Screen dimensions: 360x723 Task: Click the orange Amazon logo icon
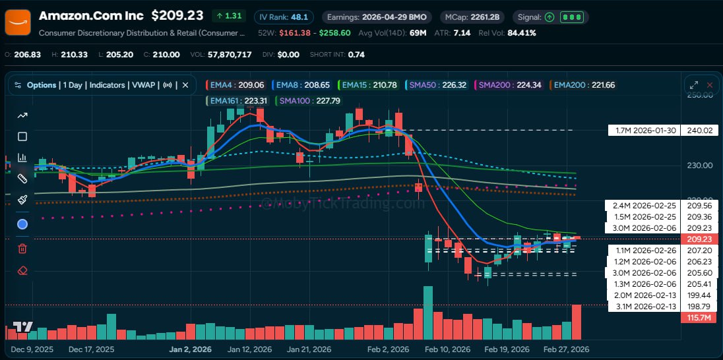(17, 22)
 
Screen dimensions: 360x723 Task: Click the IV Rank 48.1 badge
(283, 16)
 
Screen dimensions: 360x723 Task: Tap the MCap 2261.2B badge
(470, 16)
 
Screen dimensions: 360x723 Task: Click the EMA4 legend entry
(237, 84)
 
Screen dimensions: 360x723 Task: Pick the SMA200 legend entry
(510, 84)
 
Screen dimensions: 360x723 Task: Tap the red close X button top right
(710, 84)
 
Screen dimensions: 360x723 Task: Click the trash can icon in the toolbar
(22, 248)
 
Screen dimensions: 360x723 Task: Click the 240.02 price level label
(699, 130)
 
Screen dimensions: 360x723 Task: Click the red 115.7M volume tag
(699, 318)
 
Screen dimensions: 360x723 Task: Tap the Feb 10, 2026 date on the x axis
(448, 349)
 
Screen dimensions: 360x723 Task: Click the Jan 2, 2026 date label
(190, 349)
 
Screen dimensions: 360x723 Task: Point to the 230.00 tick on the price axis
(700, 165)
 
